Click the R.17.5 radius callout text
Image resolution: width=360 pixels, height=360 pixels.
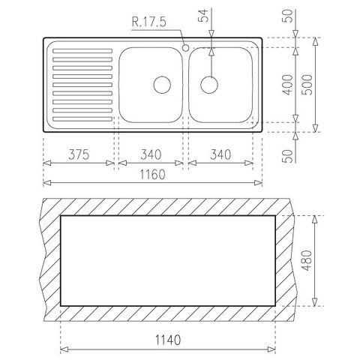click(148, 22)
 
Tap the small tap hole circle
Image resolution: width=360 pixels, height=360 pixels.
click(186, 47)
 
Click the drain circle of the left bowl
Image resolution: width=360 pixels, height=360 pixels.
click(162, 85)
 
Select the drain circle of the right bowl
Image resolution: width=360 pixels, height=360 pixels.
click(209, 85)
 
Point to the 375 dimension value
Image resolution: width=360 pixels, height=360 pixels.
click(79, 154)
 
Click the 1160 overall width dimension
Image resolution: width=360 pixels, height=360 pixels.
click(152, 174)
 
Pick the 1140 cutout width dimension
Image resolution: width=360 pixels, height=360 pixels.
click(168, 340)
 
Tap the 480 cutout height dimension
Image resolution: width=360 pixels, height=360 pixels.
click(307, 260)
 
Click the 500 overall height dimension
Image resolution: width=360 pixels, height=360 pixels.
click(307, 85)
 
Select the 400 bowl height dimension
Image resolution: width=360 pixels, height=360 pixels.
click(288, 85)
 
